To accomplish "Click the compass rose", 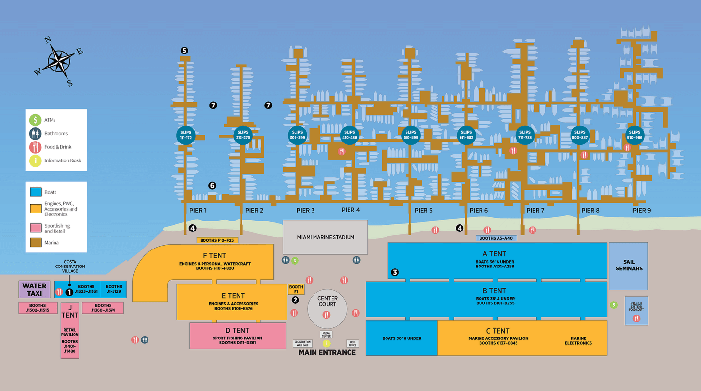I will [59, 61].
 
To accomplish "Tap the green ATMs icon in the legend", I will [35, 120].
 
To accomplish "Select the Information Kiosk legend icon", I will [35, 160].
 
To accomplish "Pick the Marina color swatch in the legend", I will [35, 242].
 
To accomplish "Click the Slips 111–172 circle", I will [185, 135].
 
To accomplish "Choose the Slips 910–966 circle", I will [634, 135].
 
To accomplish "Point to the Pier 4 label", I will [350, 210].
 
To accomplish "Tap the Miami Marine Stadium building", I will [325, 237].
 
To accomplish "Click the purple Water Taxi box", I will [35, 289].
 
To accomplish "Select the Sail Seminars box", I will [628, 266].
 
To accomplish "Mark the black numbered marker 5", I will [184, 50].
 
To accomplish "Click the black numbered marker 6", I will [212, 185].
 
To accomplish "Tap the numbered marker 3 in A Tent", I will [395, 272].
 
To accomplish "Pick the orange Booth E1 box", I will [296, 289].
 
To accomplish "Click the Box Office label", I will [352, 344].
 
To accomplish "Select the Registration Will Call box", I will [302, 344].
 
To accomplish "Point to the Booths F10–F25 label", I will [217, 240].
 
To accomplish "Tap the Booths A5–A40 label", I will [496, 238].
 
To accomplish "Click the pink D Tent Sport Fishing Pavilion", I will [238, 336].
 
